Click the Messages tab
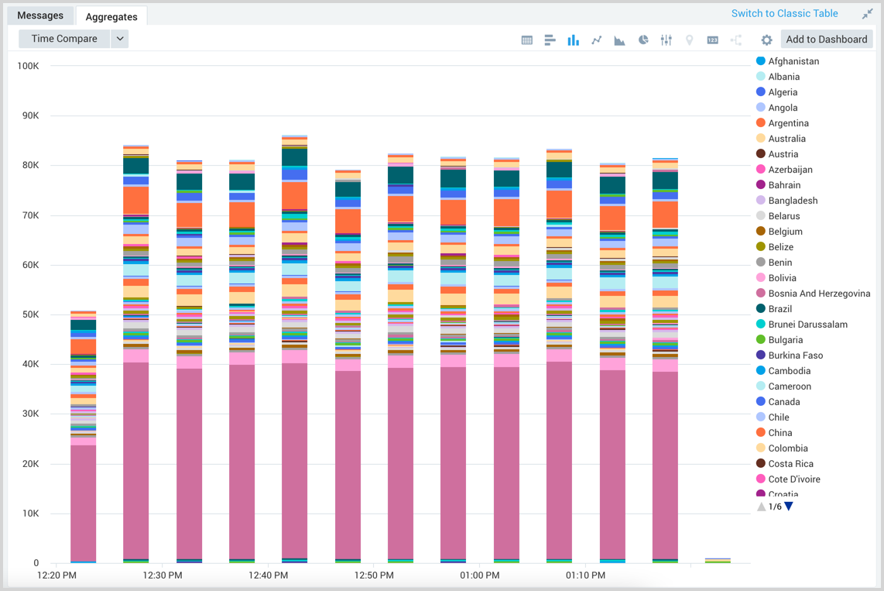[x=40, y=15]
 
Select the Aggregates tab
[x=111, y=16]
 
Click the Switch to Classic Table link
[x=784, y=13]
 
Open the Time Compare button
[x=64, y=39]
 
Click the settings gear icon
[x=766, y=40]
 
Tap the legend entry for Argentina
[x=788, y=123]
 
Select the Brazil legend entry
[x=779, y=309]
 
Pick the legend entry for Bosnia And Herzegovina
[x=819, y=294]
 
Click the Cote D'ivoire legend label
[x=793, y=479]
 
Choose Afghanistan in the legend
[x=793, y=61]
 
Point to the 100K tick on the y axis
[x=28, y=66]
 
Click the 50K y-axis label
[x=29, y=314]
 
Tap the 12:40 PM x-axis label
[x=269, y=576]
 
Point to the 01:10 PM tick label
[x=585, y=576]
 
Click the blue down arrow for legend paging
[x=789, y=507]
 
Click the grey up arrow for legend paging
[x=762, y=507]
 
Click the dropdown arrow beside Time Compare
[x=119, y=39]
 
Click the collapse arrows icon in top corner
[x=867, y=14]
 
